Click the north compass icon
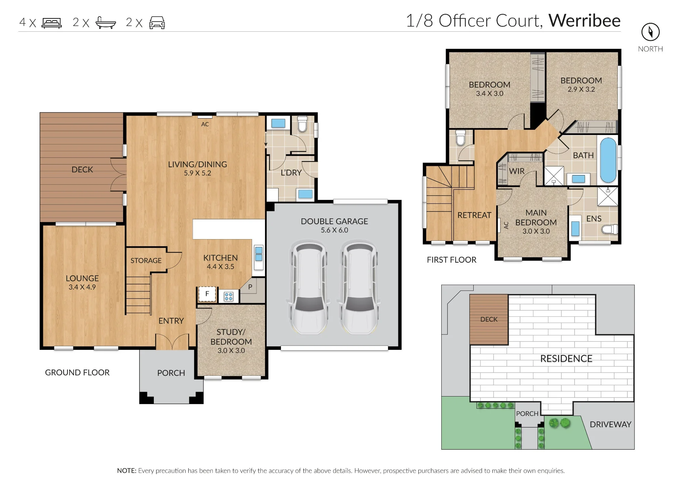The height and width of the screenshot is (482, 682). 650,32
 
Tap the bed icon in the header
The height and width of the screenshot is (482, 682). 51,23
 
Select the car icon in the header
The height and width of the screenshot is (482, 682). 157,22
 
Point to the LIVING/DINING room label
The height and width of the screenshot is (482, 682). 197,164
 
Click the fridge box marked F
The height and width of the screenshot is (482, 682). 207,294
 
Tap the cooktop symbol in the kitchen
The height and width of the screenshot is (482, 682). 228,297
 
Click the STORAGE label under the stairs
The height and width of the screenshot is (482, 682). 146,261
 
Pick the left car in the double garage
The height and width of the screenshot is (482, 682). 309,288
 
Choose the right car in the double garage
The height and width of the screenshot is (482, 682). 359,288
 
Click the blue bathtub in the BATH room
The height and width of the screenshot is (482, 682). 608,160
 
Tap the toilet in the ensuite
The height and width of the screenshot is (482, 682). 609,229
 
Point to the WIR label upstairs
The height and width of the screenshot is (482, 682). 517,171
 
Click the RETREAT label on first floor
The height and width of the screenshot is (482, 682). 474,215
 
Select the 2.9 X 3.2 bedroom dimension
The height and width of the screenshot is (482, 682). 581,89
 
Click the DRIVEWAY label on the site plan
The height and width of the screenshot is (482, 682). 610,424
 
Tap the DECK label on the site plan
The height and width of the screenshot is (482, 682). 489,319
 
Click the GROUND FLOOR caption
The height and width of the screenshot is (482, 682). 77,372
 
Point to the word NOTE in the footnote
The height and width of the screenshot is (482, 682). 127,471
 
